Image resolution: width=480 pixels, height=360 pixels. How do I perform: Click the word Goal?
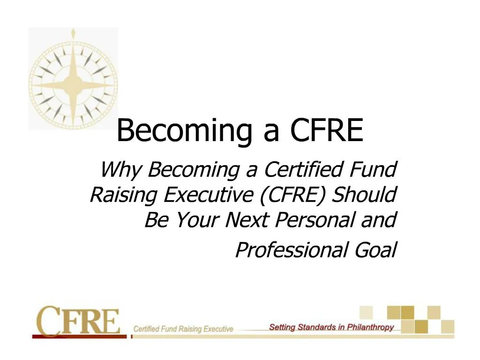click(x=375, y=250)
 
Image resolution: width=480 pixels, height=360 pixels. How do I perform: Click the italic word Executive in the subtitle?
click(x=207, y=195)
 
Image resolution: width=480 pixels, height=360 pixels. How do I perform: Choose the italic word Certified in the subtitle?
click(x=302, y=170)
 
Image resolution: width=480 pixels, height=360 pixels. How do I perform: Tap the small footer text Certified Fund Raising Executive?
click(x=183, y=329)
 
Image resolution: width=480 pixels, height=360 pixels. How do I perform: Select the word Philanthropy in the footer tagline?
click(x=370, y=327)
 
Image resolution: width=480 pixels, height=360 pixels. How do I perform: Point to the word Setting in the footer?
click(x=282, y=327)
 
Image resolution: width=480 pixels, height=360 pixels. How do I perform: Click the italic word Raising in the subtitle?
click(x=123, y=195)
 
